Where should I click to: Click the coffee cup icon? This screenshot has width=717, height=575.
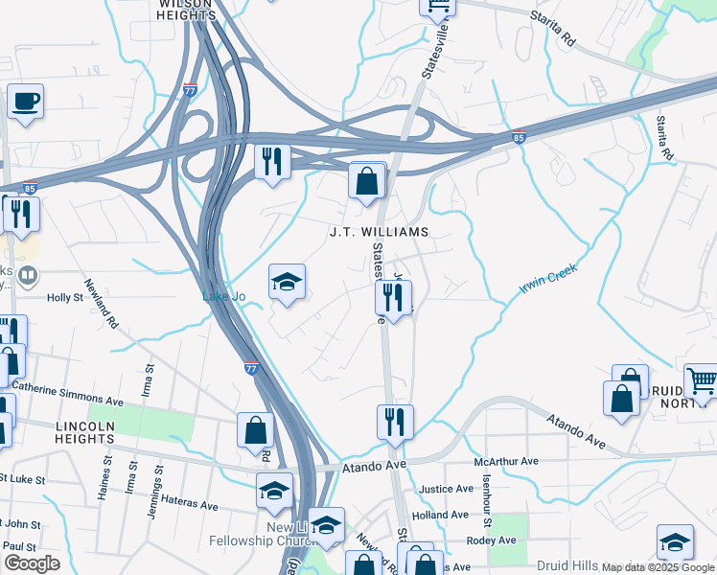click(26, 101)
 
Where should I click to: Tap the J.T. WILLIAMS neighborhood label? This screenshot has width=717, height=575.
click(378, 232)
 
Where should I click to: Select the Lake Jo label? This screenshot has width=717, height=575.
click(223, 297)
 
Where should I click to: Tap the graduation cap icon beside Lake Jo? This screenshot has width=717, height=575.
click(287, 283)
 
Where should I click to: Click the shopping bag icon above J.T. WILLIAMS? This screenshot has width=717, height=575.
click(366, 181)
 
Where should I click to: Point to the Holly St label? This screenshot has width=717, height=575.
click(66, 298)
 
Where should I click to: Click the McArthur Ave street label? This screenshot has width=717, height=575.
click(506, 462)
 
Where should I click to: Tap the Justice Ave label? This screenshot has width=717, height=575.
click(447, 489)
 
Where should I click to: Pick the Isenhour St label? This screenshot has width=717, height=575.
click(487, 503)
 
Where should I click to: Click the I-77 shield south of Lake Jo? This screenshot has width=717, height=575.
click(250, 367)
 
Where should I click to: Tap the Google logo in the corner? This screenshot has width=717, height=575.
click(33, 563)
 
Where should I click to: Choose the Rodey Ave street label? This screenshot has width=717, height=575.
click(491, 540)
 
